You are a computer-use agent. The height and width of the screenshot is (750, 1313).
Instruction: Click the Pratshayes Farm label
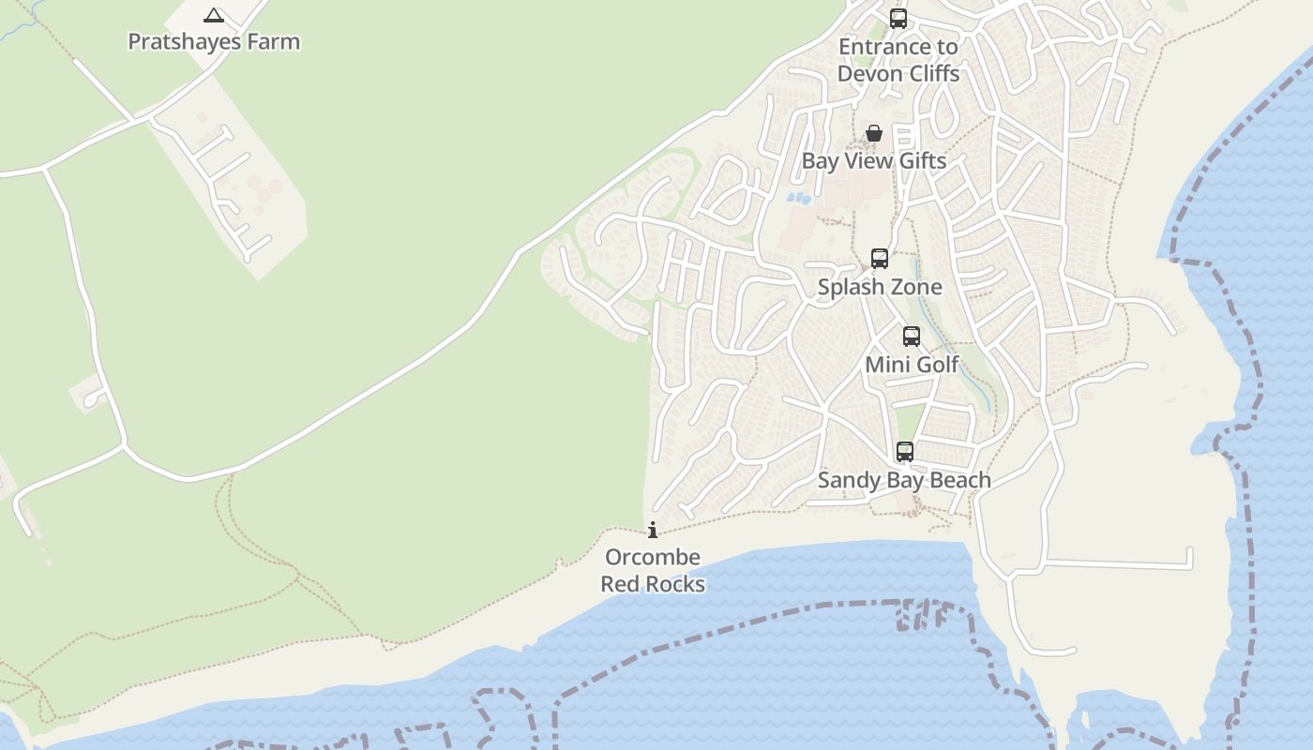tap(214, 41)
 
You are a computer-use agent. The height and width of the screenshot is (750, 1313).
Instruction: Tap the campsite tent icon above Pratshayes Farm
tap(214, 15)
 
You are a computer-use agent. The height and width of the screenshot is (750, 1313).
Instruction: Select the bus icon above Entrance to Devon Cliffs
tap(898, 18)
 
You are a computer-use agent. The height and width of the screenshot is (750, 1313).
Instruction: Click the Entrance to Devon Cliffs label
tap(898, 60)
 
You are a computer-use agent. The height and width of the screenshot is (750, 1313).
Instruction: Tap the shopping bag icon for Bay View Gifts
tap(874, 133)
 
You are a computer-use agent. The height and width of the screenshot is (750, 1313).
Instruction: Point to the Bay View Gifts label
tap(874, 160)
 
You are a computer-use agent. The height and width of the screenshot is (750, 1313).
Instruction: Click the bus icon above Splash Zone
tap(880, 258)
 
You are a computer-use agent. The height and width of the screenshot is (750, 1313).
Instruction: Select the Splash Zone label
tap(880, 287)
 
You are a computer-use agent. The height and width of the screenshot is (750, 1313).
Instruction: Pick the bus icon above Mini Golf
tap(912, 336)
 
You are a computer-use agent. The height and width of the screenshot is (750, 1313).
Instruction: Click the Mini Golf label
tap(912, 364)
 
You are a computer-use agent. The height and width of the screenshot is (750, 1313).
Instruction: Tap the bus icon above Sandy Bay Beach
tap(905, 451)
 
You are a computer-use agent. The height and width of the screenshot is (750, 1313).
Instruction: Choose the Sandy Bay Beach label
tap(904, 480)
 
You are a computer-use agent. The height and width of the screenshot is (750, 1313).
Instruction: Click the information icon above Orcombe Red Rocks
tap(653, 530)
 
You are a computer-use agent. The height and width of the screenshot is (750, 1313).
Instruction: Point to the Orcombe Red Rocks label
tap(653, 570)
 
